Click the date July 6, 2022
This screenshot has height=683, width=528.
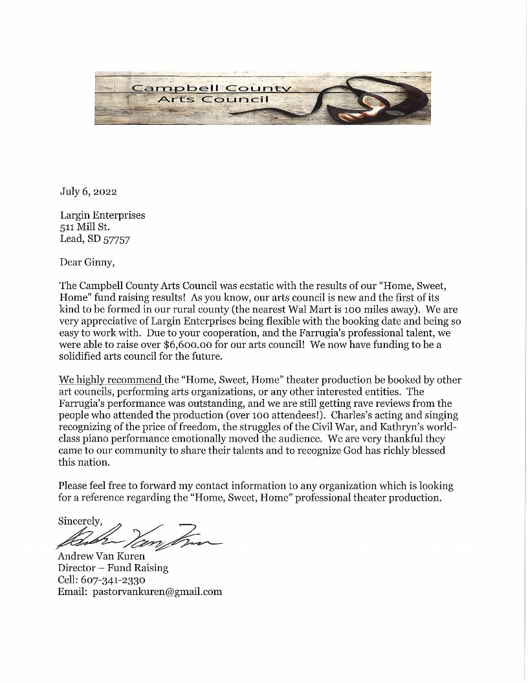tap(88, 191)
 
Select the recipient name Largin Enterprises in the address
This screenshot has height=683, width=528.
tap(102, 215)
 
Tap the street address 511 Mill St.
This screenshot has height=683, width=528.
tap(84, 226)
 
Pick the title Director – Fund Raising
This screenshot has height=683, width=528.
tap(113, 568)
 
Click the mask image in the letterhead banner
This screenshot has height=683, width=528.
tap(382, 98)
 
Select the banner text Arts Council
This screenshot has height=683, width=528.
tap(214, 100)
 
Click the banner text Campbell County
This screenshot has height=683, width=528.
tap(211, 87)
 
